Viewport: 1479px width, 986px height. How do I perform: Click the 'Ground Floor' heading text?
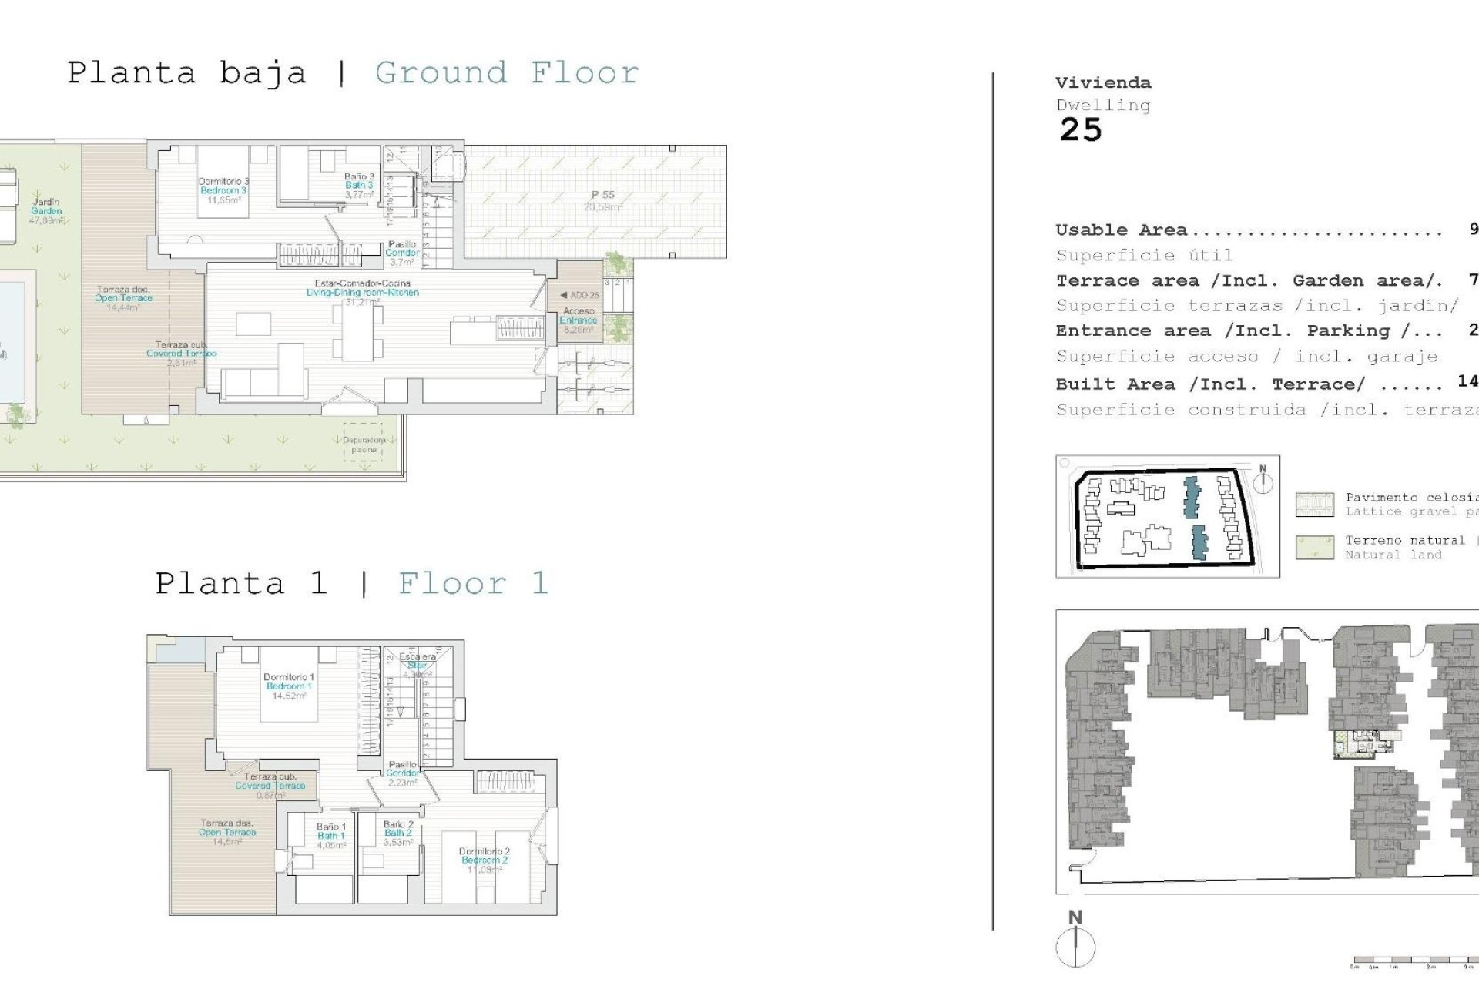pos(507,73)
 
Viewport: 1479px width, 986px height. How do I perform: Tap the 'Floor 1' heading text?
pos(472,583)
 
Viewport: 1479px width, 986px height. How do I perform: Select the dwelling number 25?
pos(1080,130)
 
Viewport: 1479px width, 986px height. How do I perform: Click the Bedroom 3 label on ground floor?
pos(223,190)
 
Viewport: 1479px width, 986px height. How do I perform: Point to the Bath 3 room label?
pos(359,185)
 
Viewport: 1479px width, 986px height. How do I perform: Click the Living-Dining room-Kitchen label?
pos(362,292)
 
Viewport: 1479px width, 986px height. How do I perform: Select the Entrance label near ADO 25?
pos(579,320)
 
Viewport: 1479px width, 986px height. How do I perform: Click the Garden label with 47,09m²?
pos(46,210)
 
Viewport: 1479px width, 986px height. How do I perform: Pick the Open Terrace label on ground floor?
pos(123,298)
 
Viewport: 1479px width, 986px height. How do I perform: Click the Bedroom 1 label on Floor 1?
pos(288,686)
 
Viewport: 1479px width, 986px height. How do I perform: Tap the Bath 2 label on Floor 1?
pos(397,833)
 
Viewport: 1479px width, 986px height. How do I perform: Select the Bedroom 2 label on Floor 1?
pos(484,860)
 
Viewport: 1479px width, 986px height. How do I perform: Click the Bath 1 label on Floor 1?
pos(330,835)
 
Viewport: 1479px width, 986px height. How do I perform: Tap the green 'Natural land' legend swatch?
pos(1314,548)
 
